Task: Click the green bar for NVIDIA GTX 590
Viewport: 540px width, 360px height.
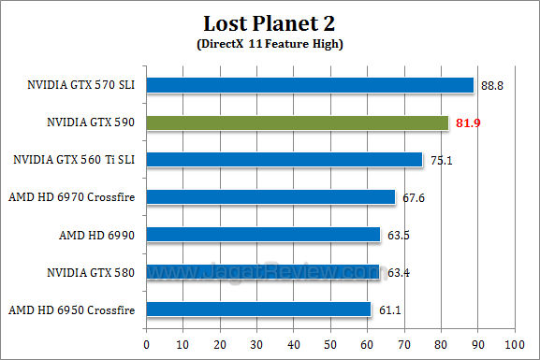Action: pos(298,122)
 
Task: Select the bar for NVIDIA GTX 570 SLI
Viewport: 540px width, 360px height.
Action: pos(310,85)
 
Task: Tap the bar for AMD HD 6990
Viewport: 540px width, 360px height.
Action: pos(263,234)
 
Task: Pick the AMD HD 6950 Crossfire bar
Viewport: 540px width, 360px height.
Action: pos(258,309)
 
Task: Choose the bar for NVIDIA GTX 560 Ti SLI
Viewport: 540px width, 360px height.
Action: pos(285,160)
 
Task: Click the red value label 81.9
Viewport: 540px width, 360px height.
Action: pos(466,123)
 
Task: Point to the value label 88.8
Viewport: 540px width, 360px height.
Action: pos(490,86)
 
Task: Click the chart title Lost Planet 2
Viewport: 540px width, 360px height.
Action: pos(270,22)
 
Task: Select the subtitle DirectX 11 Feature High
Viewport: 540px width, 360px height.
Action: pos(270,44)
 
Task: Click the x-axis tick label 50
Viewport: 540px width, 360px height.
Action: pos(330,344)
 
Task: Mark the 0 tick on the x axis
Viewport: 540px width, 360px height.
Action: pos(147,344)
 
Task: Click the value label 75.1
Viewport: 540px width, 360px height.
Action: pos(440,161)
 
